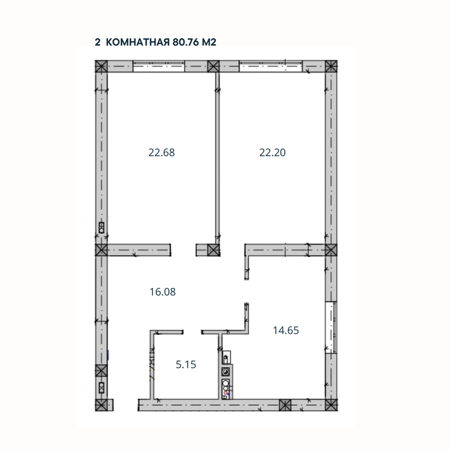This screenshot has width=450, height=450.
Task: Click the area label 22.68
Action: tap(161, 153)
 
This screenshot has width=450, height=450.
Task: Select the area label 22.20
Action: tap(272, 153)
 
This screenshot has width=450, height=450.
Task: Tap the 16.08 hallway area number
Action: tap(163, 291)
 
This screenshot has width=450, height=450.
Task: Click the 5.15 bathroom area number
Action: tap(186, 364)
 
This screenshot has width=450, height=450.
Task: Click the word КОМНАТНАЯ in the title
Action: tap(138, 42)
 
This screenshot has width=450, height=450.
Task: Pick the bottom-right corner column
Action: tap(330, 404)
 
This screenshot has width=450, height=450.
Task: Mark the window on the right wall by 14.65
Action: tap(331, 327)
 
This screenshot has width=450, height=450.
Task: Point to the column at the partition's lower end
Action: tap(213, 249)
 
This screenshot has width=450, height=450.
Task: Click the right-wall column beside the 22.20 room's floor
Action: tap(330, 249)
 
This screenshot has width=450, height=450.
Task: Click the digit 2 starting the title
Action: tap(98, 42)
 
